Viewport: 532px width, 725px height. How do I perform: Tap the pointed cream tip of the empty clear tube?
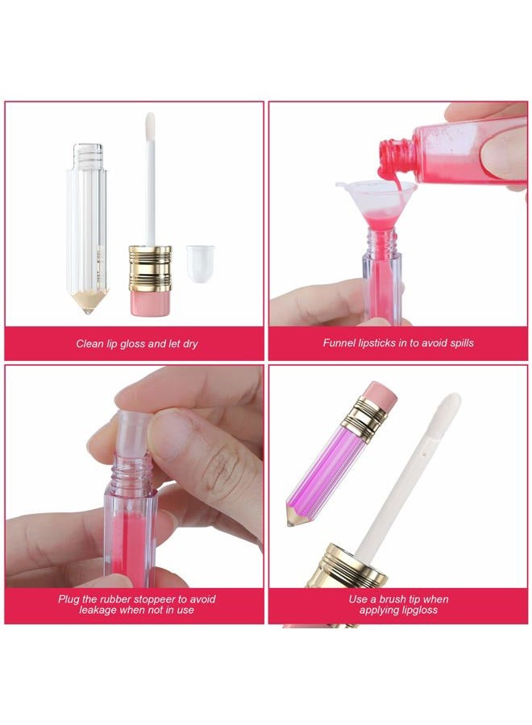coord(89,302)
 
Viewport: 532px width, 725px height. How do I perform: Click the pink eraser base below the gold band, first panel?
coord(150,302)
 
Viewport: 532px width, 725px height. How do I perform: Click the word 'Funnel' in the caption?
coord(339,343)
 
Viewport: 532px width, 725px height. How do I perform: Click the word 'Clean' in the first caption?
coord(90,344)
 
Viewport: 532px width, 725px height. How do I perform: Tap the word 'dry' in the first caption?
coord(188,344)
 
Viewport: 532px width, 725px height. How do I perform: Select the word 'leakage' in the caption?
coord(100,610)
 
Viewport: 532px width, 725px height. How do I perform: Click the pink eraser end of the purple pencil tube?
coord(379,396)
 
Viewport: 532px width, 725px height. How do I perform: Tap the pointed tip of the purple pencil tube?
coord(291,520)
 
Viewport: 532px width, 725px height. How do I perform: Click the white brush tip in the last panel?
coord(446,410)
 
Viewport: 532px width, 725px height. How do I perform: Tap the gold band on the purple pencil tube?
coord(364,418)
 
